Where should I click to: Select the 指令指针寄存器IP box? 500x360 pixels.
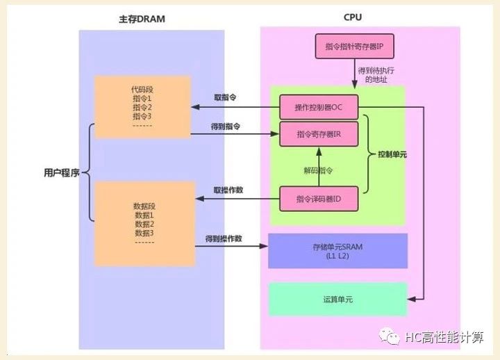[353, 47]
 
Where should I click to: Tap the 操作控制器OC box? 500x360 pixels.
[319, 107]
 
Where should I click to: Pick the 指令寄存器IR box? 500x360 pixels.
[319, 133]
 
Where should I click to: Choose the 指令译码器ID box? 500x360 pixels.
[319, 199]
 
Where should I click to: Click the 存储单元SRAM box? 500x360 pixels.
[338, 251]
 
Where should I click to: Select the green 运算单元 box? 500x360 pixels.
[338, 300]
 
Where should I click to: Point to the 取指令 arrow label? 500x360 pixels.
[224, 98]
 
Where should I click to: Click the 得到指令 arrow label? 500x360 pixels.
[226, 126]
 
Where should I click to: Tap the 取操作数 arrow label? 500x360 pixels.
[228, 190]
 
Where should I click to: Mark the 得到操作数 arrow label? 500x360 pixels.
[224, 238]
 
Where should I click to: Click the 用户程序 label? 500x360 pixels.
[60, 172]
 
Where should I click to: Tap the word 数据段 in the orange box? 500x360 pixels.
[144, 206]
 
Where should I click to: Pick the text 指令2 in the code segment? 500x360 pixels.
[142, 107]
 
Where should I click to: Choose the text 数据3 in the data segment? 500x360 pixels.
[144, 233]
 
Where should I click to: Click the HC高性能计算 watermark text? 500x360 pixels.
[448, 338]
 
